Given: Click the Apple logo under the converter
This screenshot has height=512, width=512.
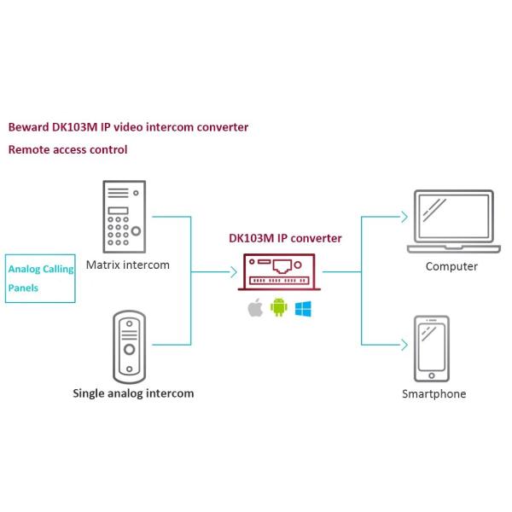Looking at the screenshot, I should [x=254, y=308].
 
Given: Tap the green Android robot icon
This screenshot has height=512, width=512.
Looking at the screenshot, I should [x=278, y=308].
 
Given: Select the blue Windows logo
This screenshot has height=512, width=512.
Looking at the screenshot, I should [x=303, y=308].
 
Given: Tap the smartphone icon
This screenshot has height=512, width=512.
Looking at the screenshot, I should [x=432, y=348].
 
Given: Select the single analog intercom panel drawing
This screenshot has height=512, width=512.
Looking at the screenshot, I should [x=130, y=345].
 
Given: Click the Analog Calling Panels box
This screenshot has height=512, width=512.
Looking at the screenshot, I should [x=40, y=278].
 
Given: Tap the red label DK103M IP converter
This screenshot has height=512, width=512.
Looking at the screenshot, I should [x=285, y=238].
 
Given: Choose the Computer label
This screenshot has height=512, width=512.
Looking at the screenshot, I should [x=451, y=266].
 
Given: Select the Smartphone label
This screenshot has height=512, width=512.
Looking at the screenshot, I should [x=433, y=393].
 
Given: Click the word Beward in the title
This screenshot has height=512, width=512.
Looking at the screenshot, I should [x=28, y=127].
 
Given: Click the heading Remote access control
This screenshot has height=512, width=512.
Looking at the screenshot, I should [x=67, y=149].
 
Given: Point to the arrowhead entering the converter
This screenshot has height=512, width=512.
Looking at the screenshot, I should [x=233, y=273].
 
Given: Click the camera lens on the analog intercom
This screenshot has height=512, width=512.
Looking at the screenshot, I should [x=130, y=350].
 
